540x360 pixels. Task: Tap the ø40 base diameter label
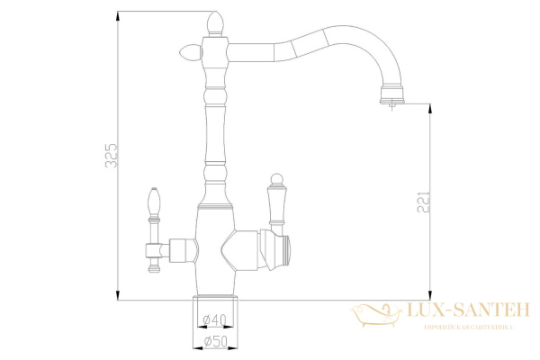[214, 319]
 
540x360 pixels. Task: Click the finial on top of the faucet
[216, 22]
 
